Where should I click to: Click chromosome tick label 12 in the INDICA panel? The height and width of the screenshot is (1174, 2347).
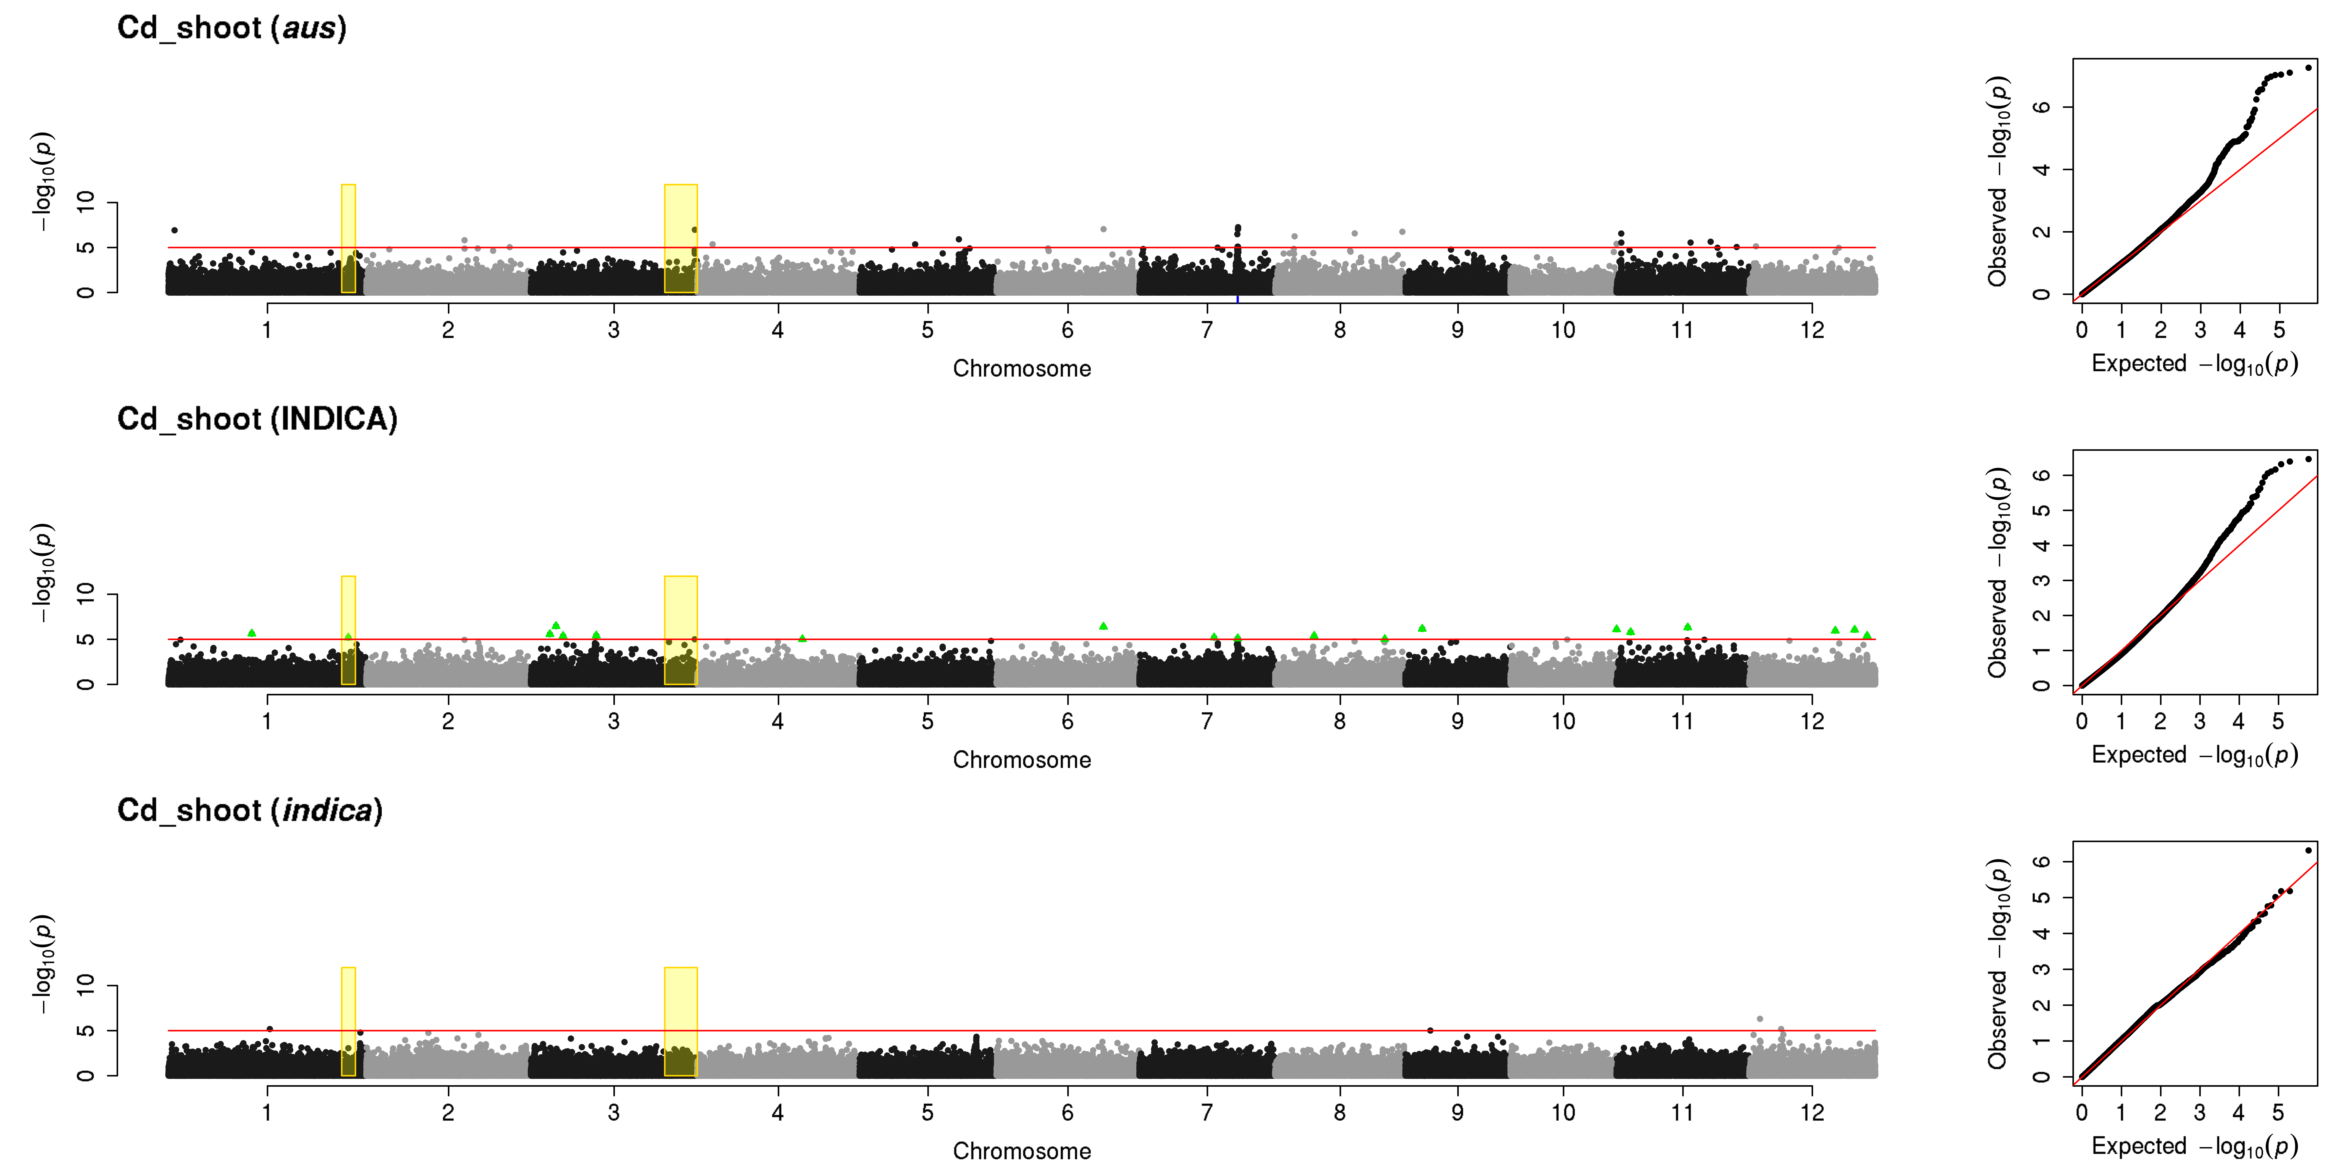point(1812,721)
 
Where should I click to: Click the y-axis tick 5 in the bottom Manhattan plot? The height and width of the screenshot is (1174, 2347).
point(86,1031)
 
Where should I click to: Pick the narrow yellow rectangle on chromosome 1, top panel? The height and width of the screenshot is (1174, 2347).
point(348,239)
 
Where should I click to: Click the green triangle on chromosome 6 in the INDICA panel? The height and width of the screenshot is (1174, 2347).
point(1103,626)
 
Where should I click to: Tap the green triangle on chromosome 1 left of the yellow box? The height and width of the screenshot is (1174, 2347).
point(252,632)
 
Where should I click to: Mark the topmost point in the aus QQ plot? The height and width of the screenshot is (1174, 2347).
point(2308,68)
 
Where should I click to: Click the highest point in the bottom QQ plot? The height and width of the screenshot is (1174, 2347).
point(2308,850)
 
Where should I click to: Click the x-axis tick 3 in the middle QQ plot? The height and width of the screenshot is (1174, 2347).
point(2199,721)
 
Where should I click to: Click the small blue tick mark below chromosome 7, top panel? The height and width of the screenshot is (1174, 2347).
point(1237,299)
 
